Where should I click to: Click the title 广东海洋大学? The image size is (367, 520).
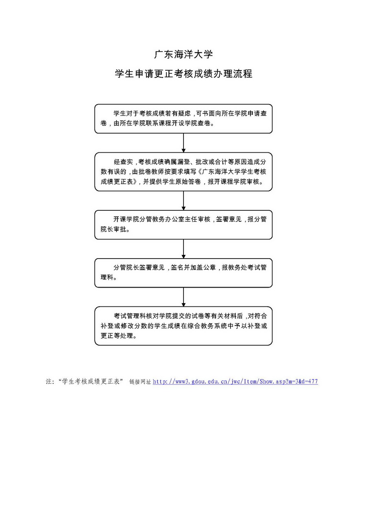183,54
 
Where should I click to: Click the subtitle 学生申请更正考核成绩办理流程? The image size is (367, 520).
183,74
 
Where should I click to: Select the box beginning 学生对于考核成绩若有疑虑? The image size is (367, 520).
183,118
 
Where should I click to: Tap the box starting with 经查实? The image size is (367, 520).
183,172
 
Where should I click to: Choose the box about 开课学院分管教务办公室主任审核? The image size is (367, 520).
183,225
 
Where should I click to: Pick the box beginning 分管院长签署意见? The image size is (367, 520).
183,272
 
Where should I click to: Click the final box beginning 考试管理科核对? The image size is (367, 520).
183,326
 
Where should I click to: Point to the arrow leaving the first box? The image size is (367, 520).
183,143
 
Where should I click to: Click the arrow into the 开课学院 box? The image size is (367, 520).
183,201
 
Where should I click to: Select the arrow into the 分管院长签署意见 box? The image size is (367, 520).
183,249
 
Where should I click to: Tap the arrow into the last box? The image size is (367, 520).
183,297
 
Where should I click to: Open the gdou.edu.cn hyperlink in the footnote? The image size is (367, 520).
235,382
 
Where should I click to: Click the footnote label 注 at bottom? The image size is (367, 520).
49,382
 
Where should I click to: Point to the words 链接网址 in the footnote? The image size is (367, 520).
140,382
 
